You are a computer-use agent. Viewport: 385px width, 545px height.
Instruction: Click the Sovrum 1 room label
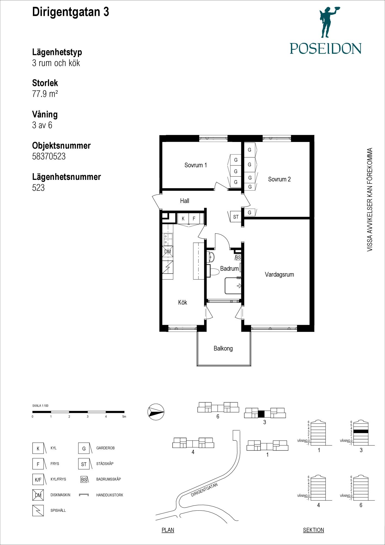tap(195, 165)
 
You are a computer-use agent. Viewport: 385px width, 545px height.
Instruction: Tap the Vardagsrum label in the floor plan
tap(279, 274)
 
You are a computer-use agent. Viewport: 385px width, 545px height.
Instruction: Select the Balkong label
tap(223, 348)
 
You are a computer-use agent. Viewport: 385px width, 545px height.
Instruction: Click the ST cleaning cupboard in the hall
tap(236, 217)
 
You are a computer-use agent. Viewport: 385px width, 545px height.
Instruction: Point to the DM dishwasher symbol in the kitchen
tap(167, 252)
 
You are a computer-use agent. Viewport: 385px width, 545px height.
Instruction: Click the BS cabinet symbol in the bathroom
tap(238, 258)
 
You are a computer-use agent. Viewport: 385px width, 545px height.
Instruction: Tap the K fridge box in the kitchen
tap(183, 219)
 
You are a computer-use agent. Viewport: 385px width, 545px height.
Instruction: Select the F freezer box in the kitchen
tap(194, 219)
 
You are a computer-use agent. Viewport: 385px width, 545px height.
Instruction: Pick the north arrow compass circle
tap(156, 412)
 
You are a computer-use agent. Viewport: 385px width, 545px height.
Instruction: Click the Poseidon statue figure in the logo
tap(329, 22)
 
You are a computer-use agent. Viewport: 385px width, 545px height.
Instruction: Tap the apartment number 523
tap(38, 188)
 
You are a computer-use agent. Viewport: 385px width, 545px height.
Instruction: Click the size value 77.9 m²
tap(45, 94)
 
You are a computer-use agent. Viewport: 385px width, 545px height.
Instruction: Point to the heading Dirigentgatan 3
tap(71, 12)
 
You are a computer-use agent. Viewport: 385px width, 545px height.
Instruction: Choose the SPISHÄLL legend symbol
tap(38, 510)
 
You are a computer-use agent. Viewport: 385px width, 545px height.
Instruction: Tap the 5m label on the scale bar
tap(124, 417)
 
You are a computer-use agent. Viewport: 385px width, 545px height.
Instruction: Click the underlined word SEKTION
tap(313, 530)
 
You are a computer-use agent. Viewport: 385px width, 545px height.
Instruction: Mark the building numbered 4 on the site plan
tap(193, 443)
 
